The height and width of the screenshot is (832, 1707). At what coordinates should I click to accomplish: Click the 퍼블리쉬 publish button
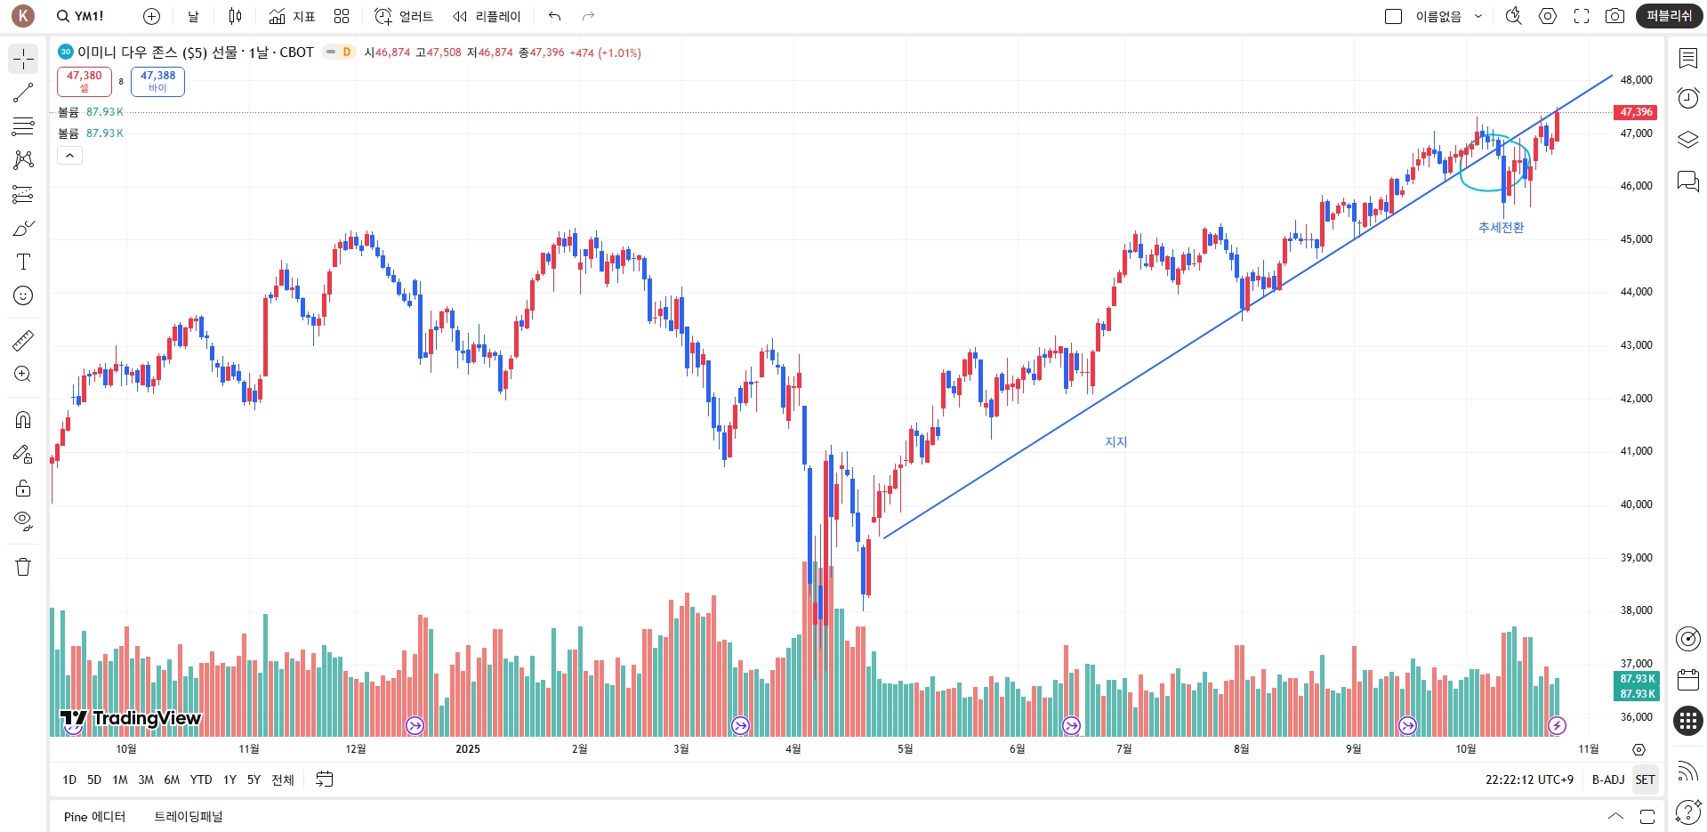click(x=1669, y=16)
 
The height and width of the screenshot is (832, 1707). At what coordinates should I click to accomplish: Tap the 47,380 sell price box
click(x=85, y=81)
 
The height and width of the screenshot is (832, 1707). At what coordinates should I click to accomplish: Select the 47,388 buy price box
click(x=157, y=81)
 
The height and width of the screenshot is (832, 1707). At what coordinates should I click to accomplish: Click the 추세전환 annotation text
click(x=1501, y=228)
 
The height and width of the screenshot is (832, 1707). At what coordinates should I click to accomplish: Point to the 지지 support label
click(x=1115, y=442)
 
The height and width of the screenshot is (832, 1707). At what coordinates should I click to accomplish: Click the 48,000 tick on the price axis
click(x=1636, y=80)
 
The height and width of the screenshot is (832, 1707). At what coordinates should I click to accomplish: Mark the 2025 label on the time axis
click(x=468, y=749)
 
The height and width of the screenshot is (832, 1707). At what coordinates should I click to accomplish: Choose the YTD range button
click(x=201, y=779)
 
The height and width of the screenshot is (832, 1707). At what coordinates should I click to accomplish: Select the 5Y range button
click(x=254, y=779)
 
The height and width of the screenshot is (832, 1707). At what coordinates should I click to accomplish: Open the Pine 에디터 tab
click(x=94, y=817)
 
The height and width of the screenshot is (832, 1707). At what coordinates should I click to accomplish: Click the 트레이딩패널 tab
click(x=189, y=817)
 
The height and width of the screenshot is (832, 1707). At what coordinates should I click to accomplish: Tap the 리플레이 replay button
click(x=487, y=16)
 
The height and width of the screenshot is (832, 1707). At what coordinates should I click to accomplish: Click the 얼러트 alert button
click(x=404, y=16)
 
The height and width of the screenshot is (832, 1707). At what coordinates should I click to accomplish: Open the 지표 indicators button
click(x=292, y=16)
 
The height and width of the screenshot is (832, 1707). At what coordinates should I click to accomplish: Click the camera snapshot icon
click(x=1614, y=16)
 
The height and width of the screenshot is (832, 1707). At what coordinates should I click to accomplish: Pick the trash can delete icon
click(x=23, y=567)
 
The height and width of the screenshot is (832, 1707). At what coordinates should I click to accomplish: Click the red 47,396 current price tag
click(x=1635, y=112)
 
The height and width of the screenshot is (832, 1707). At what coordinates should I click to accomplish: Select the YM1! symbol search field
click(x=80, y=16)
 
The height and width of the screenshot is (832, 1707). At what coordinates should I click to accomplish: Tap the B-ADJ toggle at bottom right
click(x=1607, y=779)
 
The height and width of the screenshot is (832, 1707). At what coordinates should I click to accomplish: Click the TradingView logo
click(x=131, y=718)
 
